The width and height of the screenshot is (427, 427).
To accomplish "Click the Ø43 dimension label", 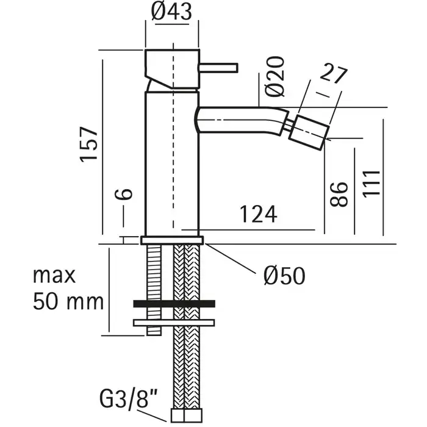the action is (171, 12).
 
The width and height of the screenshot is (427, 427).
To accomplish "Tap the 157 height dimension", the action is (89, 145).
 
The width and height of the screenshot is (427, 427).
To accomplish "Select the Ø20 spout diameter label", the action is (274, 76).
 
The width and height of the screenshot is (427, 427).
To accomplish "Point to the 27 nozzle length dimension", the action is (334, 74).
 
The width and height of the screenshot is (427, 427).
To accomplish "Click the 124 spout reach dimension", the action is (258, 214).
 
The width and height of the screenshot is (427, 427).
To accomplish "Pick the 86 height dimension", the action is (339, 194).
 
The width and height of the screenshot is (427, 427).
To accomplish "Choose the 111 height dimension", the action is (371, 184).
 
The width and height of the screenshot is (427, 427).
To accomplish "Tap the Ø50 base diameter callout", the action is (285, 276).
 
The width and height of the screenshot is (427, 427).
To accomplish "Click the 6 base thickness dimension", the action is (124, 194).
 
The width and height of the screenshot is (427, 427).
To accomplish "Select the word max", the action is (54, 276).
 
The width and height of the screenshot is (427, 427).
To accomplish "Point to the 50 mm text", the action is (68, 302).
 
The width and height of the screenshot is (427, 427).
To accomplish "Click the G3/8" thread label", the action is (129, 399).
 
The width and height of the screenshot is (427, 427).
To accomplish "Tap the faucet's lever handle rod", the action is (219, 68).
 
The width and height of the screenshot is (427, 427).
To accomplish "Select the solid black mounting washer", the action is (174, 304).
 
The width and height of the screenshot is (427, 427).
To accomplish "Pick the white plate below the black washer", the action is (174, 323).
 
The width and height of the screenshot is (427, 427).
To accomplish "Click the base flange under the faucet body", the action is (172, 240).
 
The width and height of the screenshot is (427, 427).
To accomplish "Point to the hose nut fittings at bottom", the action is (187, 416).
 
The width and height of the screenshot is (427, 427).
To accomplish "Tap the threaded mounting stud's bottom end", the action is (154, 334).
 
